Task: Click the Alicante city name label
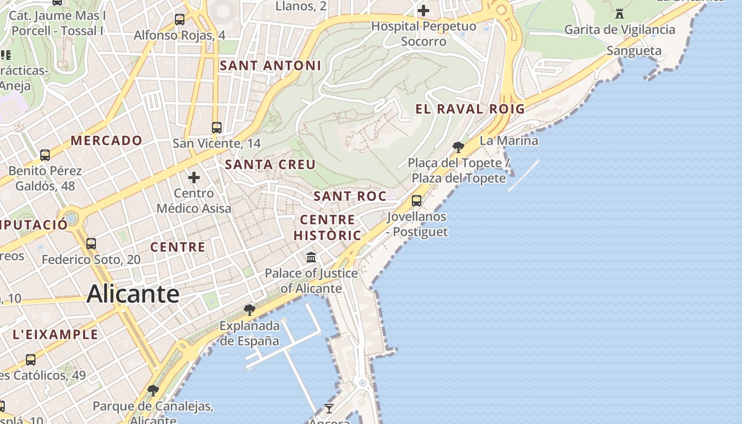coord(133,294)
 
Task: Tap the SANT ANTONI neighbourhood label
coord(270,66)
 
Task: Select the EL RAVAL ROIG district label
coord(470,109)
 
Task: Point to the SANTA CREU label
coord(270,165)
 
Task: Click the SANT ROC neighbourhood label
coord(350,196)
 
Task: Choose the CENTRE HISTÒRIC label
coord(328,227)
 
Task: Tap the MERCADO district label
coord(107,140)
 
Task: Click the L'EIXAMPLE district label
coord(55,334)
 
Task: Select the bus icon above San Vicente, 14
coord(216,127)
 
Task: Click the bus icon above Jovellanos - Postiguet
coord(417,200)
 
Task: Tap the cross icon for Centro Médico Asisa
coord(194,177)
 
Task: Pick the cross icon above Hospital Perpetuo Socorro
coord(423,10)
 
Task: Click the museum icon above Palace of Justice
coord(311,258)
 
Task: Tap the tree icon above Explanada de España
coord(249,309)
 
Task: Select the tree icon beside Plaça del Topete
coord(458,147)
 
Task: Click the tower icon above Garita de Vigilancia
coord(619,13)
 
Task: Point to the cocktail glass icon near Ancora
coord(329,408)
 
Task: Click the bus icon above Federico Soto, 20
coord(91,244)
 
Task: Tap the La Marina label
coord(509,141)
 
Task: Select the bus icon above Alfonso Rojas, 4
coord(180,20)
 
